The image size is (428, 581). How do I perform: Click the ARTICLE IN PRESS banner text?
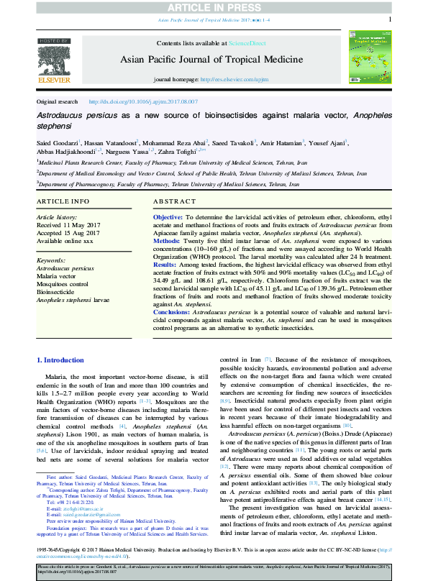click(214, 7)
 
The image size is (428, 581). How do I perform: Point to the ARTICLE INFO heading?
click(63, 201)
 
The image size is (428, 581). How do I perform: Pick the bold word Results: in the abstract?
click(166, 265)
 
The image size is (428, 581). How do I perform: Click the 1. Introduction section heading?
click(60, 360)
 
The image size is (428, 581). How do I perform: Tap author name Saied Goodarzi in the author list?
click(57, 144)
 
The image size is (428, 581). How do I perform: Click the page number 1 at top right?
click(389, 21)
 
